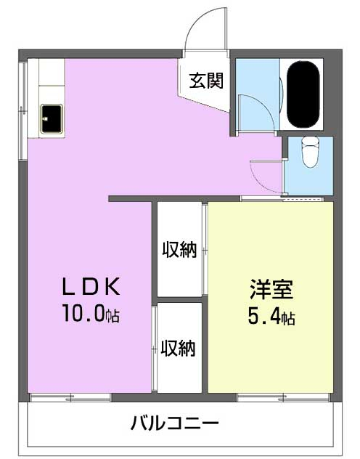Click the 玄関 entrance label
206,81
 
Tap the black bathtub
303,94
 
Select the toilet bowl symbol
311,153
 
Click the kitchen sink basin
52,119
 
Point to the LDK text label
91,286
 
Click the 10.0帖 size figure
91,313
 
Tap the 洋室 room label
271,289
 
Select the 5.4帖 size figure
271,317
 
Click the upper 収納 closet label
179,249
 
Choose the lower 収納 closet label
178,348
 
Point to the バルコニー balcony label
175,423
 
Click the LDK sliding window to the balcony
70,397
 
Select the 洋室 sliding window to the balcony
283,397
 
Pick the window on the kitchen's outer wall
22,110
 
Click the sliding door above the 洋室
282,199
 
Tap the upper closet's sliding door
205,250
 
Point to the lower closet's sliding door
155,349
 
